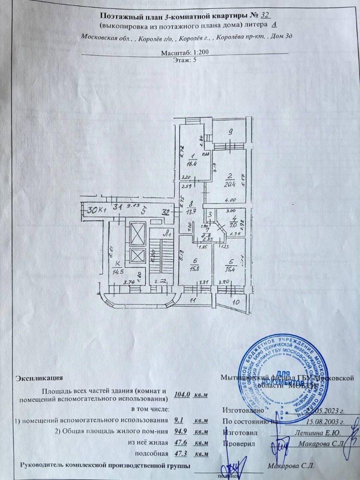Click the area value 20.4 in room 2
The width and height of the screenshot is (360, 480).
229,183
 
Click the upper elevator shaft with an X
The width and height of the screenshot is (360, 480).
136,232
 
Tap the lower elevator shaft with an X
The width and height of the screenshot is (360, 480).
136,256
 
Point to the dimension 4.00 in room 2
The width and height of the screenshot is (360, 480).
230,199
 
